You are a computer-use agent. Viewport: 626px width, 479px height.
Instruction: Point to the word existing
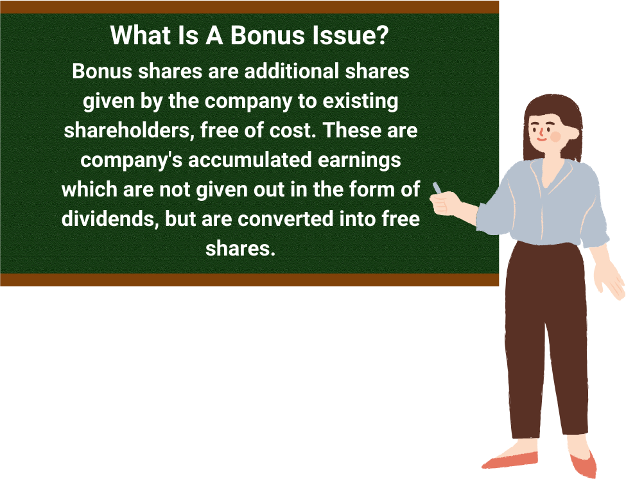360,101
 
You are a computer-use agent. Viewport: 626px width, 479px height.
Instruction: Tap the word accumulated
250,160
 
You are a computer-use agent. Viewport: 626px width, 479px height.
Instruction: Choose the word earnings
360,161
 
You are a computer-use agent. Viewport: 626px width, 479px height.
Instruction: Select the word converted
286,219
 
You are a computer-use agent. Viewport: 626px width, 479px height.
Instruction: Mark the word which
89,189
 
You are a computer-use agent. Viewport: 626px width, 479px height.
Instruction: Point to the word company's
132,161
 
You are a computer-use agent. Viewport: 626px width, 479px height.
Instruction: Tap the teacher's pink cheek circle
555,137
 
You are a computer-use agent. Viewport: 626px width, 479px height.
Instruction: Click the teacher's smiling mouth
541,139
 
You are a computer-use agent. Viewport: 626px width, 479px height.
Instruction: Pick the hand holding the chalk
443,204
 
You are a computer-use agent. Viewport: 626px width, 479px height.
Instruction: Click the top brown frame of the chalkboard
250,7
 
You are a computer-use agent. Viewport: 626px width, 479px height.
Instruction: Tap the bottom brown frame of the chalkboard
250,280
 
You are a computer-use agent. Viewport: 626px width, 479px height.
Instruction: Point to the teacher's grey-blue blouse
543,204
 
